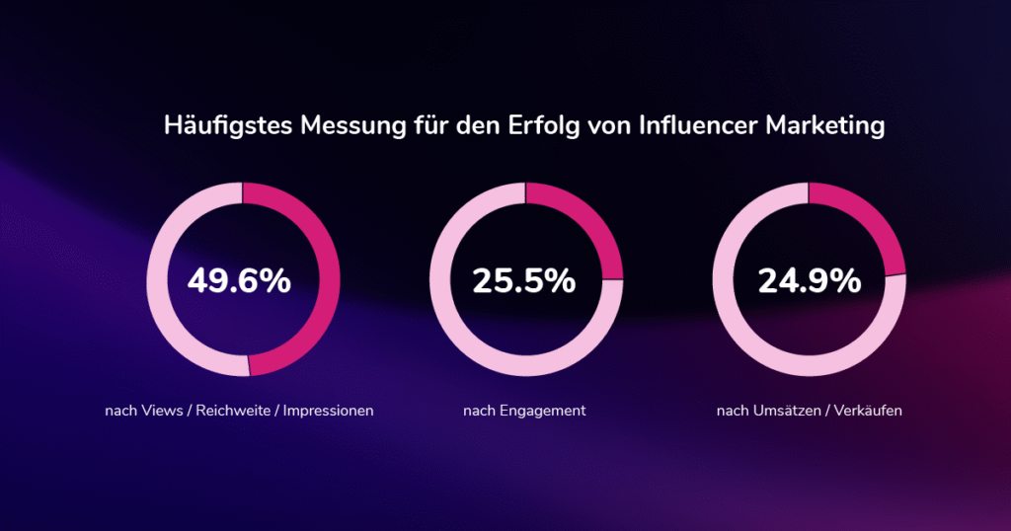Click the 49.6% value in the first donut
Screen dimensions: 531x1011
(240, 281)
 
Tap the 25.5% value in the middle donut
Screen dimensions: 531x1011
(524, 281)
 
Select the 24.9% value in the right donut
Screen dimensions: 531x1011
(809, 281)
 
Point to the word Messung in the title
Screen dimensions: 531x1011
(342, 127)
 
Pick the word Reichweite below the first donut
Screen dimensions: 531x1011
(232, 411)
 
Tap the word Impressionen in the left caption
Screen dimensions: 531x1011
(329, 411)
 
